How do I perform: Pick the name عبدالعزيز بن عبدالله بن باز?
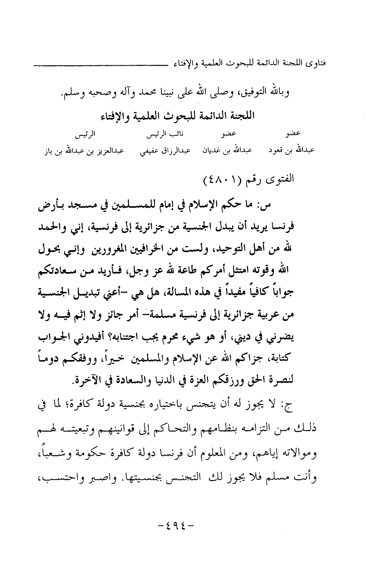tap(83, 150)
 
